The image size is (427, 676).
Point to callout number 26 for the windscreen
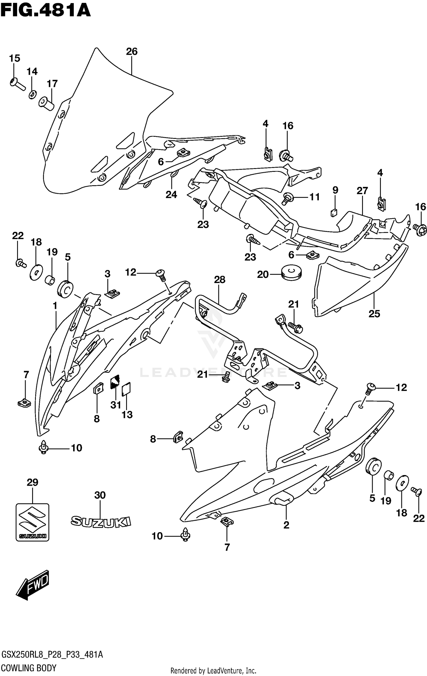pos(132,52)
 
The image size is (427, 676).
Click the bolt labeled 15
pos(17,84)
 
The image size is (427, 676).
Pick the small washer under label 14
pos(32,94)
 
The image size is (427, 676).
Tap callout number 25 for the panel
pos(374,313)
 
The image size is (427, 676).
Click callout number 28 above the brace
pos(219,280)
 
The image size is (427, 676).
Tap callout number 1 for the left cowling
pos(55,306)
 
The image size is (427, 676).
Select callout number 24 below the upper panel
pos(171,195)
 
